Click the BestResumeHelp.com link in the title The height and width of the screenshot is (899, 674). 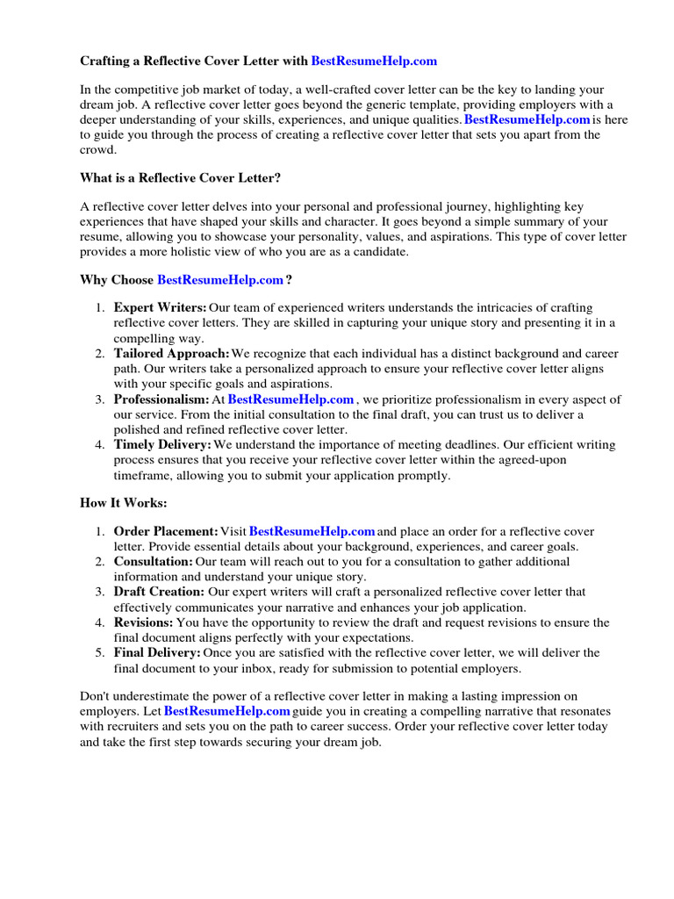click(374, 61)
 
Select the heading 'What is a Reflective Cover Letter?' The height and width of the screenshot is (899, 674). click(181, 177)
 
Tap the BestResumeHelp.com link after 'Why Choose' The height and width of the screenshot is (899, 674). click(220, 280)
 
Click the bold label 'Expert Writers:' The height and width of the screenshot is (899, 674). click(161, 307)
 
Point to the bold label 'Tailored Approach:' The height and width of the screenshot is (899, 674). click(172, 353)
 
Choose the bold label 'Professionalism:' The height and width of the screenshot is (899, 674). click(161, 399)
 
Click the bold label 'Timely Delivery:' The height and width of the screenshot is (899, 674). click(163, 445)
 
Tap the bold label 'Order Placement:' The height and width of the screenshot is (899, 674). click(166, 532)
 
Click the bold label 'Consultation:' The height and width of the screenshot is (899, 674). click(154, 561)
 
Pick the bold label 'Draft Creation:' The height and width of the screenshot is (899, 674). click(159, 592)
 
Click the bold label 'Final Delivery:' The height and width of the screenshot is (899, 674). click(157, 653)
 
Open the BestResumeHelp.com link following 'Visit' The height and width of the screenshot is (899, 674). click(312, 532)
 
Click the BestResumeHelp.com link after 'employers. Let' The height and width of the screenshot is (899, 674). click(226, 710)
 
